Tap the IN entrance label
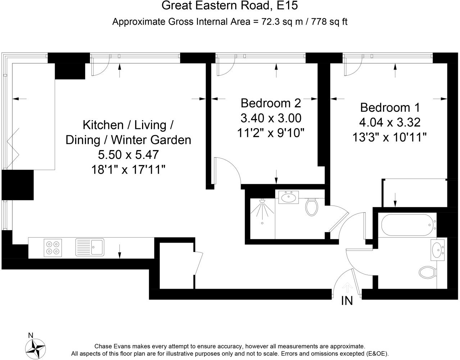(347, 301)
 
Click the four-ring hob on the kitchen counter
(53, 248)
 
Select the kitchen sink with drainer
(90, 248)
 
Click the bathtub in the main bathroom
(407, 225)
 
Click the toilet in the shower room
(311, 207)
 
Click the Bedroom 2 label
(270, 103)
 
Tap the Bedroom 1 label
(390, 108)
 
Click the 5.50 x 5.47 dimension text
(128, 155)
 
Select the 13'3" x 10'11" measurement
(390, 137)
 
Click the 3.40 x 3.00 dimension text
(270, 118)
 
